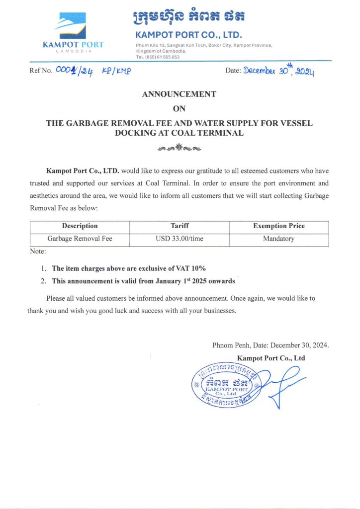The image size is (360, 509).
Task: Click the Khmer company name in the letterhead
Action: [x=188, y=18]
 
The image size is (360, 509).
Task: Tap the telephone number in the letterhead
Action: [x=158, y=57]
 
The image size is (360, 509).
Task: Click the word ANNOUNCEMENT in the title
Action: [x=179, y=94]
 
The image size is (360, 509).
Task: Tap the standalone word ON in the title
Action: [x=179, y=109]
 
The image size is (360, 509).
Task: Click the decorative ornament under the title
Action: [x=179, y=148]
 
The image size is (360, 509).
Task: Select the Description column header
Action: [x=80, y=226]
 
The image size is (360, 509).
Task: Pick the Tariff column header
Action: [x=179, y=226]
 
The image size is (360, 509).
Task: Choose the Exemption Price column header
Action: [x=278, y=226]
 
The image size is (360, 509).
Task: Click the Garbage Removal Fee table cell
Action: [x=80, y=239]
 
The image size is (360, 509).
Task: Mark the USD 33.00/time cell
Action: [x=179, y=239]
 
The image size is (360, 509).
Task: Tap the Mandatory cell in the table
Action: [x=278, y=239]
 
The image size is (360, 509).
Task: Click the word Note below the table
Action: [x=38, y=252]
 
